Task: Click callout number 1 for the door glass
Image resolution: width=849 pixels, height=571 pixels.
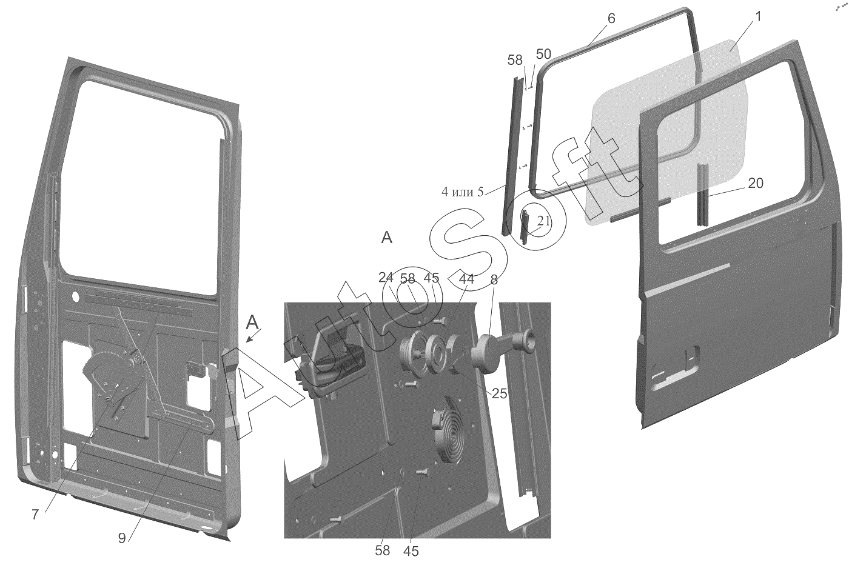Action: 757,17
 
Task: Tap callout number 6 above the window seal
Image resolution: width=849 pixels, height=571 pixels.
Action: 611,18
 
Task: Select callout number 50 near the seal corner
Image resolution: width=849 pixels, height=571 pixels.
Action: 543,54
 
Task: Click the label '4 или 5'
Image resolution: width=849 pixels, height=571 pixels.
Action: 462,192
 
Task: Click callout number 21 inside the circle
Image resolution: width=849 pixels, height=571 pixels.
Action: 543,221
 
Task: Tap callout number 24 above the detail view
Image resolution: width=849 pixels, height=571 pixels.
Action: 386,278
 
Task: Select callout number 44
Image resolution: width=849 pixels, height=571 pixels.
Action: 466,279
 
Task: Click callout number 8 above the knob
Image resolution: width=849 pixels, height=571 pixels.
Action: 494,280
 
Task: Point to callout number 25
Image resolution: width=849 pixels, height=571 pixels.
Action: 499,393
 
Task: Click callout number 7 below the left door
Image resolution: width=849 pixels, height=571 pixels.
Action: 35,515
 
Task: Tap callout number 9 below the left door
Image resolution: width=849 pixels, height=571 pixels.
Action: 122,538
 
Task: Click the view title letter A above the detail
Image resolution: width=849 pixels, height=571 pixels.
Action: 387,238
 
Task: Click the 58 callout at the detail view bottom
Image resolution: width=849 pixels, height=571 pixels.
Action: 383,550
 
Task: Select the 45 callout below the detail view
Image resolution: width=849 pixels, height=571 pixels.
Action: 411,551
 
